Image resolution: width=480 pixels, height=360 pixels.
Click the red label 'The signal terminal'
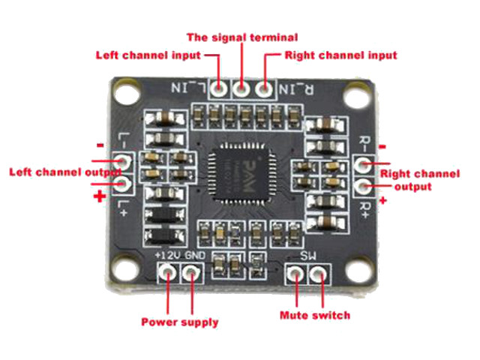click(x=241, y=37)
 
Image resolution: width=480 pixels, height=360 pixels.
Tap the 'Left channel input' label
click(x=148, y=55)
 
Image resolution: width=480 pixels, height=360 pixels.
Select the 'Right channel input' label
click(x=340, y=55)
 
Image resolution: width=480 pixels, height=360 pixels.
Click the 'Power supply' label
click(x=180, y=322)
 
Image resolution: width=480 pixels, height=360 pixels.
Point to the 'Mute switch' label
click(x=315, y=315)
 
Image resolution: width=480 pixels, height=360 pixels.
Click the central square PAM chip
click(x=241, y=175)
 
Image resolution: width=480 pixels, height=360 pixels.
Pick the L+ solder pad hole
click(x=123, y=184)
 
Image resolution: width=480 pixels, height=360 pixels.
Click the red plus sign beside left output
click(x=98, y=196)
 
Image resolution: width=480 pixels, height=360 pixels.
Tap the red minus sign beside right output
click(x=383, y=146)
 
